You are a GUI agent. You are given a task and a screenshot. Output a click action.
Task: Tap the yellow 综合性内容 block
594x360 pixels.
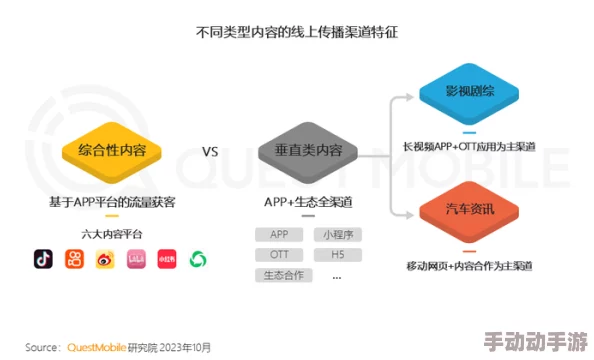pos(112,152)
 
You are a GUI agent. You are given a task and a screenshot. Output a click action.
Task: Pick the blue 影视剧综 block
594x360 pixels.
pos(469,91)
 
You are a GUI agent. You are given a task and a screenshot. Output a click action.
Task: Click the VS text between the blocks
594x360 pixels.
pos(210,152)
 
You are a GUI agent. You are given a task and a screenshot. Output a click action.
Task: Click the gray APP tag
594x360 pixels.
pos(279,234)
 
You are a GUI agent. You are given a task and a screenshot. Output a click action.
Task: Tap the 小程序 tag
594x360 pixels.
pos(336,234)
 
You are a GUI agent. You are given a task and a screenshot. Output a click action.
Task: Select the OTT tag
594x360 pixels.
pos(279,254)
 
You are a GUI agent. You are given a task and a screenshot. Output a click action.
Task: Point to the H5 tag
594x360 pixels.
pos(336,254)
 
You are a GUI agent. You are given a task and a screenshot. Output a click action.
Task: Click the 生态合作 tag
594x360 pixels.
pos(279,274)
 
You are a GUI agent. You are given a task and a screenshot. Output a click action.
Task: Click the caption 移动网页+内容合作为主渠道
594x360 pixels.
pos(469,265)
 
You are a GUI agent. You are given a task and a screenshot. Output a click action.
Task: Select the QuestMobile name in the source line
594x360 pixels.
pos(98,347)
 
